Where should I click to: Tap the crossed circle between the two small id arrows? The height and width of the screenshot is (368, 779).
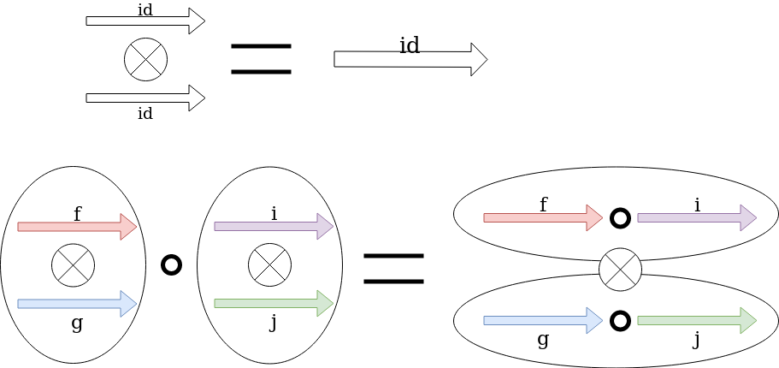point(145,60)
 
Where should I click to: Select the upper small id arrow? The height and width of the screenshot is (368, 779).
point(145,21)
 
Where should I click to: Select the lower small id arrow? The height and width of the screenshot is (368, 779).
point(145,98)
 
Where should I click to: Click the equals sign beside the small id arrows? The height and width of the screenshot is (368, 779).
point(261,58)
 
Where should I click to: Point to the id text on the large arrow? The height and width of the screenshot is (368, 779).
point(410,45)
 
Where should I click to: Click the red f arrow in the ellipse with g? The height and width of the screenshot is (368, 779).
point(77,227)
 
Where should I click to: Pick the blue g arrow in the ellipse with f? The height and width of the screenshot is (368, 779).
point(77,304)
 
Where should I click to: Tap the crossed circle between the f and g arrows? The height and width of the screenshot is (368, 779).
point(73,265)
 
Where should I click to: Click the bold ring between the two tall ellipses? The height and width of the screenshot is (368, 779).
point(171,264)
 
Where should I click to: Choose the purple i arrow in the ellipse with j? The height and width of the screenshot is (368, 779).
point(274,227)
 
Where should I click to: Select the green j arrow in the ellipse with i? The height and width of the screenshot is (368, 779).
point(274,303)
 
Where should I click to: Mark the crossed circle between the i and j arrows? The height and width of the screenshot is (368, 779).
point(269,265)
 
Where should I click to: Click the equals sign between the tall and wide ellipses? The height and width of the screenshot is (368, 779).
point(393,268)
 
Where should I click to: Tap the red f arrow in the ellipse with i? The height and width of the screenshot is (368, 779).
point(543,217)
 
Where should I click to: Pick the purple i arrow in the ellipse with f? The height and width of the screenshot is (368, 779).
point(697,217)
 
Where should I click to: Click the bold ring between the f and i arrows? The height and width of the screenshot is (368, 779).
point(620,217)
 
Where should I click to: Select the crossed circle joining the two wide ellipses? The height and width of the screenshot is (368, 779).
point(620,270)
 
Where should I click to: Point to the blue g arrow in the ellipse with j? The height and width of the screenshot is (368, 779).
point(543,320)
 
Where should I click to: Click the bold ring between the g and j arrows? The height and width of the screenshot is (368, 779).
point(620,320)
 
